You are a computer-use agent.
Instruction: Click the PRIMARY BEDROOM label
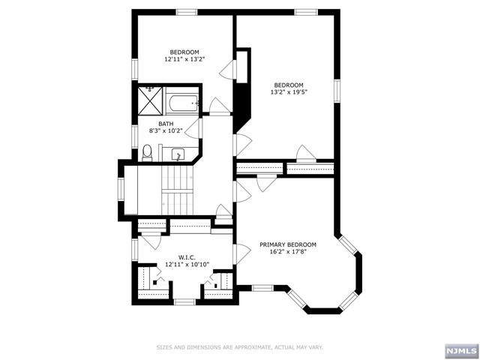[288, 244]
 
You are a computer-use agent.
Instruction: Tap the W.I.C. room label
[187, 257]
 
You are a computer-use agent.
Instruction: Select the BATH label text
[166, 124]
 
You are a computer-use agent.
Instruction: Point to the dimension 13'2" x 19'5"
[289, 91]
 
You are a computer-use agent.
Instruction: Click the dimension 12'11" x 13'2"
[184, 59]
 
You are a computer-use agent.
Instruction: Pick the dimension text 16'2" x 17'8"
[288, 252]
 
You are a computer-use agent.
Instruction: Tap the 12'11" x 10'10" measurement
[187, 264]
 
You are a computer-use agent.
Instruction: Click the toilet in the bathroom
[147, 153]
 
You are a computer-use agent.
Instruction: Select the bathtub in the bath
[182, 103]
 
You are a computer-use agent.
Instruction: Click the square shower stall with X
[150, 100]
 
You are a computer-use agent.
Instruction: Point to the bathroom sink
[178, 155]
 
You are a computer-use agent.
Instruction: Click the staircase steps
[178, 190]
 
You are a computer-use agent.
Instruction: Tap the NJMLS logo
[461, 351]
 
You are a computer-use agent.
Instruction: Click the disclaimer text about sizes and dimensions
[240, 347]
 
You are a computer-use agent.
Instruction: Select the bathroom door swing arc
[192, 128]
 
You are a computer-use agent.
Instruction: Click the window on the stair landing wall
[121, 190]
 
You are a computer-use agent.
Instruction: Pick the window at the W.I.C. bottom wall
[184, 302]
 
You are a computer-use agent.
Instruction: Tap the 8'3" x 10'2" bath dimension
[166, 130]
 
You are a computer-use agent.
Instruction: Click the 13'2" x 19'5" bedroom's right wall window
[337, 91]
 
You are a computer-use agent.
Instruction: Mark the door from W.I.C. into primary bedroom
[242, 254]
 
